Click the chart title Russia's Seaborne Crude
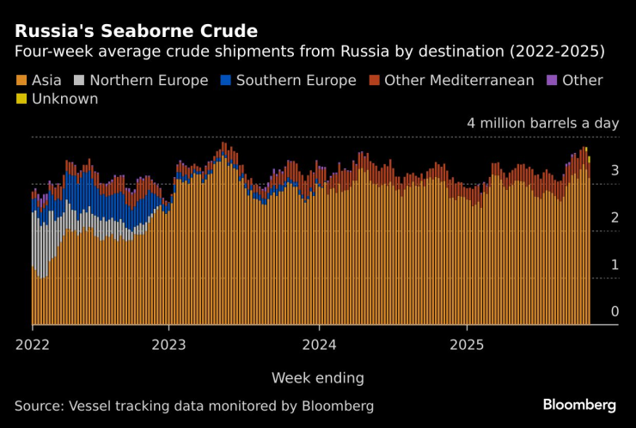[x=136, y=32]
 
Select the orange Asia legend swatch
[x=21, y=81]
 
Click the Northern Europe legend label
[x=148, y=81]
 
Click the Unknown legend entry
[x=64, y=99]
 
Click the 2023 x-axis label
[x=168, y=345]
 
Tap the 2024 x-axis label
[x=319, y=345]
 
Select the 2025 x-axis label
[x=468, y=345]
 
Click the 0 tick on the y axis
[x=614, y=311]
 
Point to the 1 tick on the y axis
[x=614, y=265]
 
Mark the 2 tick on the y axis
[x=614, y=218]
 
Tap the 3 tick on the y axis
[x=614, y=171]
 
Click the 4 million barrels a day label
[x=542, y=123]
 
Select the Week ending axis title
[x=317, y=378]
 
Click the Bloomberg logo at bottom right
[x=578, y=405]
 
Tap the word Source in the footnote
[x=37, y=406]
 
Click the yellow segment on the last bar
[x=589, y=158]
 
